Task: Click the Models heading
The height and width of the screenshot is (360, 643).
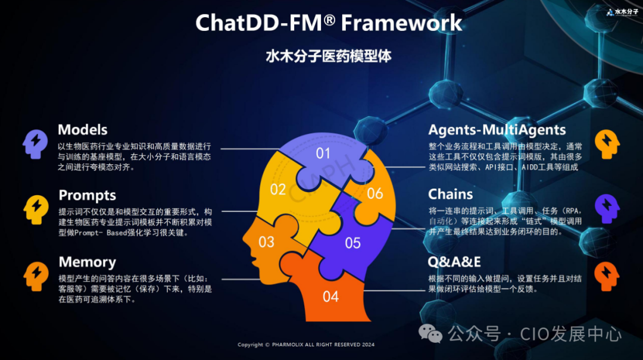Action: (83, 130)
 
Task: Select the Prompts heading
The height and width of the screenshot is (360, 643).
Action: (87, 195)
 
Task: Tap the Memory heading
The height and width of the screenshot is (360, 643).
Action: (87, 262)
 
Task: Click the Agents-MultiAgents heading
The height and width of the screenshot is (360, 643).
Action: (497, 130)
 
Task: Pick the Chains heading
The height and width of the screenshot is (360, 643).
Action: (451, 195)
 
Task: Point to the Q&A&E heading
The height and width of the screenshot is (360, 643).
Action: (454, 262)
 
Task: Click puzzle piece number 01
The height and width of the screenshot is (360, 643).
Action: (323, 154)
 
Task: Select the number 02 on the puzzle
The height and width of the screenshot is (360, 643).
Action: (278, 190)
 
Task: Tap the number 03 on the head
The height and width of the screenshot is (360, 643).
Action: (266, 242)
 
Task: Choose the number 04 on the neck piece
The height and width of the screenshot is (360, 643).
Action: (330, 296)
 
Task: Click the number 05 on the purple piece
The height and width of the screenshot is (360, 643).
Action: (352, 243)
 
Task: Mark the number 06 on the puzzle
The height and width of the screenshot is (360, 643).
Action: (375, 193)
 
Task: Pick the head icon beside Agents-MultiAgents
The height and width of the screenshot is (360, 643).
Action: (607, 143)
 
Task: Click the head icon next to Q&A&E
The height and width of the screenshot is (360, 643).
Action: (607, 276)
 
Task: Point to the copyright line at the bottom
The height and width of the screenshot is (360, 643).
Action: (306, 345)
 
